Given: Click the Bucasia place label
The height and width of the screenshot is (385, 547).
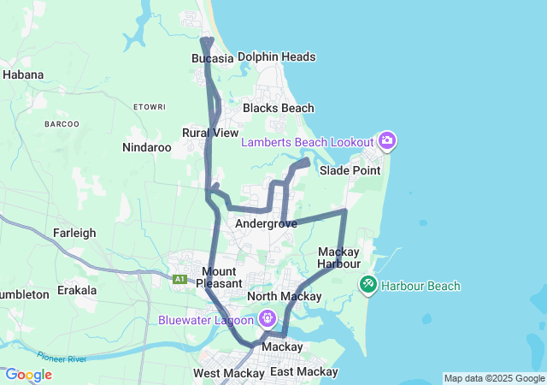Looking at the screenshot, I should point(212,58).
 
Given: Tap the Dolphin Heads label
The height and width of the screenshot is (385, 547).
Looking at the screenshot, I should point(276,57).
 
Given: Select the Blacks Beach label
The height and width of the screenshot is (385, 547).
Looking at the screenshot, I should point(278,109).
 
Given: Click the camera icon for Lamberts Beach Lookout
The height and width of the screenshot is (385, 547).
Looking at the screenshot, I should point(387,141).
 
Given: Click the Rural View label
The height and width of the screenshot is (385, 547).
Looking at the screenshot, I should point(210,133).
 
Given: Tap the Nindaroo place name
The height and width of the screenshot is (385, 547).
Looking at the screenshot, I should point(147,147).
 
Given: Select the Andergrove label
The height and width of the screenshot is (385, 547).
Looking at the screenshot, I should point(266,223).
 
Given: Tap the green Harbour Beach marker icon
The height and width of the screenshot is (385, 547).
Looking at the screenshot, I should point(368,283).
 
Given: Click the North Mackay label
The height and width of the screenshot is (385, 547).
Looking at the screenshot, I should point(284,297).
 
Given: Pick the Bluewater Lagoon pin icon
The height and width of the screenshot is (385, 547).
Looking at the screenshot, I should point(268,319).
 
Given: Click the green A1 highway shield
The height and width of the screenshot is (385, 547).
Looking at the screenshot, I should point(179,279).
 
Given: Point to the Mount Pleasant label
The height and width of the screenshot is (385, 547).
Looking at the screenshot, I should point(220,277).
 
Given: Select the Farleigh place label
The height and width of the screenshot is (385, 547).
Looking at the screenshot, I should point(74,233).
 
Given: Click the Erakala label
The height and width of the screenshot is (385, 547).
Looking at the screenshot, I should point(77,290).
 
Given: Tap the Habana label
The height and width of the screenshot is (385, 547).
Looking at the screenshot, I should point(23,74).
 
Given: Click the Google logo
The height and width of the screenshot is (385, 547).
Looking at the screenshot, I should point(28,375).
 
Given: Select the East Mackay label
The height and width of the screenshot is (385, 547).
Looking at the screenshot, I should point(303,373).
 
